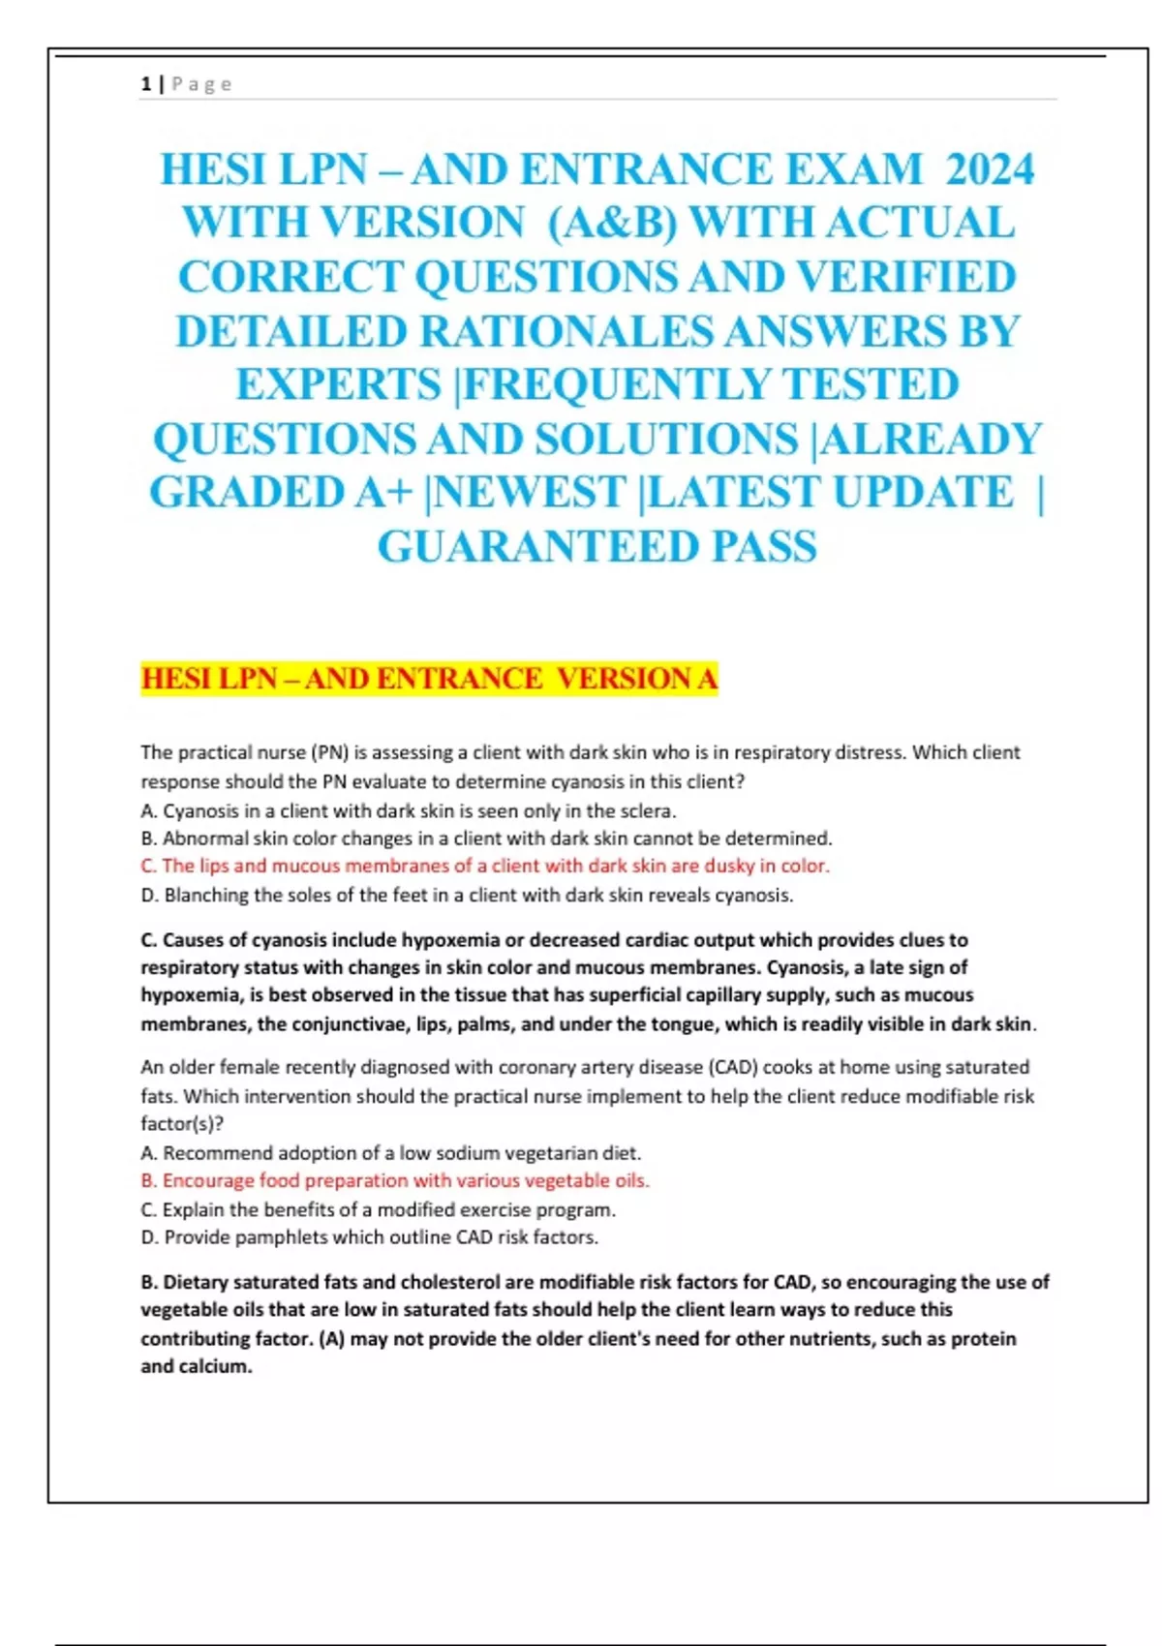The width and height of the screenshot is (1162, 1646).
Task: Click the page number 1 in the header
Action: coord(145,84)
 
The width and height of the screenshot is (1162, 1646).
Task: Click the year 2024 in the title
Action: coord(990,170)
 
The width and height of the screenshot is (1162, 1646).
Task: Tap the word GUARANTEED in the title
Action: coord(536,547)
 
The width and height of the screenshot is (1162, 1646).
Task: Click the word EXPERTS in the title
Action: coord(339,385)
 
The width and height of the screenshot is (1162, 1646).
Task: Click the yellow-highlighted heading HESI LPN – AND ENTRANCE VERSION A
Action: coord(429,679)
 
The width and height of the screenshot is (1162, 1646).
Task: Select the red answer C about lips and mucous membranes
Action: coord(484,866)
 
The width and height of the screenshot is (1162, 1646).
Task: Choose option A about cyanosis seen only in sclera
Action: coord(408,810)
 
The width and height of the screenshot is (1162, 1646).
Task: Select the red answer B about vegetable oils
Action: coord(394,1180)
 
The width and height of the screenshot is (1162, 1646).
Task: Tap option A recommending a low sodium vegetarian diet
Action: coord(390,1153)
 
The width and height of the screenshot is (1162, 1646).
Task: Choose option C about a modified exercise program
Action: coord(378,1209)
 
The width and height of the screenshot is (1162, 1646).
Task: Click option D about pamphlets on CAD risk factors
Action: coord(369,1236)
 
